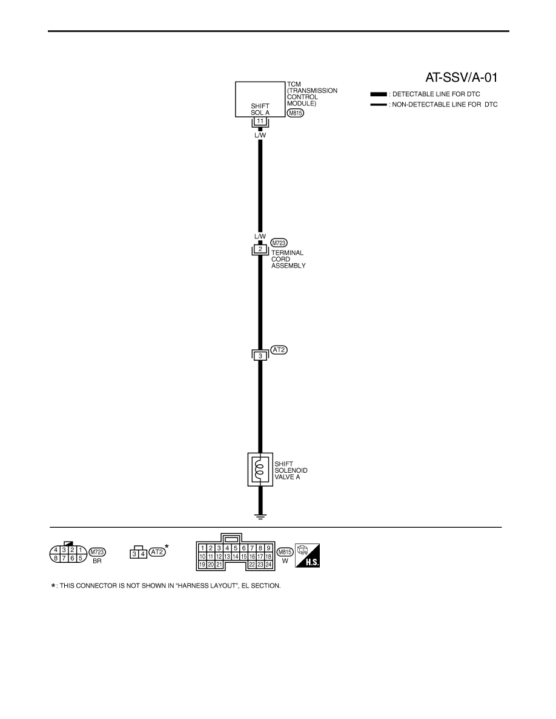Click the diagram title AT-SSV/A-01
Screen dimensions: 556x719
[x=461, y=77]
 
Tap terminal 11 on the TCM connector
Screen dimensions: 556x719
[x=260, y=121]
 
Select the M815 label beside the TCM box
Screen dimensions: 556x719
[x=296, y=113]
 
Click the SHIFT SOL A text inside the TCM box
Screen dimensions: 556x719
[x=260, y=109]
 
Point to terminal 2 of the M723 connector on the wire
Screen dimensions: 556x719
[x=260, y=249]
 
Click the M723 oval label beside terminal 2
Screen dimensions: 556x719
[x=279, y=243]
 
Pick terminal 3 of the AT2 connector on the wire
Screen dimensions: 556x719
[x=260, y=356]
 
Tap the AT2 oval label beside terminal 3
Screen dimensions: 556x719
[x=279, y=350]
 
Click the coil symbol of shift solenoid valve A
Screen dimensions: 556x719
[x=260, y=470]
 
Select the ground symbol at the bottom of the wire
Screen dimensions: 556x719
[x=260, y=516]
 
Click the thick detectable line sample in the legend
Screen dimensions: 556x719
[x=379, y=94]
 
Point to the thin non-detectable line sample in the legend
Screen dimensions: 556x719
[x=379, y=105]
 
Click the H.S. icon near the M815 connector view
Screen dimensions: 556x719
[x=308, y=556]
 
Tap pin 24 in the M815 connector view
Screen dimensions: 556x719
[x=268, y=565]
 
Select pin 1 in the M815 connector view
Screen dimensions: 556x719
[x=203, y=548]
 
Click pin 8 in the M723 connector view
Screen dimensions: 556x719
[x=56, y=558]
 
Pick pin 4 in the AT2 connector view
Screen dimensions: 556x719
[x=143, y=554]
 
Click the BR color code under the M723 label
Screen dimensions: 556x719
[x=97, y=561]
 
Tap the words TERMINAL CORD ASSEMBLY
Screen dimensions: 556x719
[x=288, y=259]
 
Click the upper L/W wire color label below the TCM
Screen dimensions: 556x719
[x=260, y=136]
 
